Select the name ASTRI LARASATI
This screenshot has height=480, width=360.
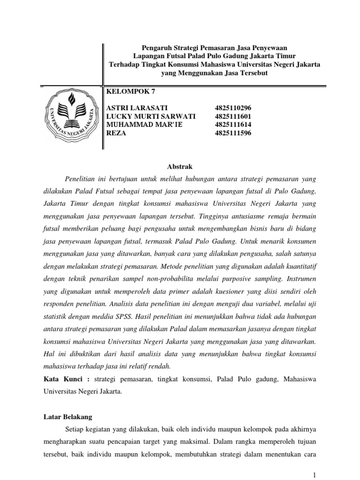137,108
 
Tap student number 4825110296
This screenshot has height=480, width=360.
227,108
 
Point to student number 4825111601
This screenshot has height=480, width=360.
227,116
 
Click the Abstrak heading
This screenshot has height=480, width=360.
180,166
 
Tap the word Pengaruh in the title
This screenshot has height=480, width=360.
156,48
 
